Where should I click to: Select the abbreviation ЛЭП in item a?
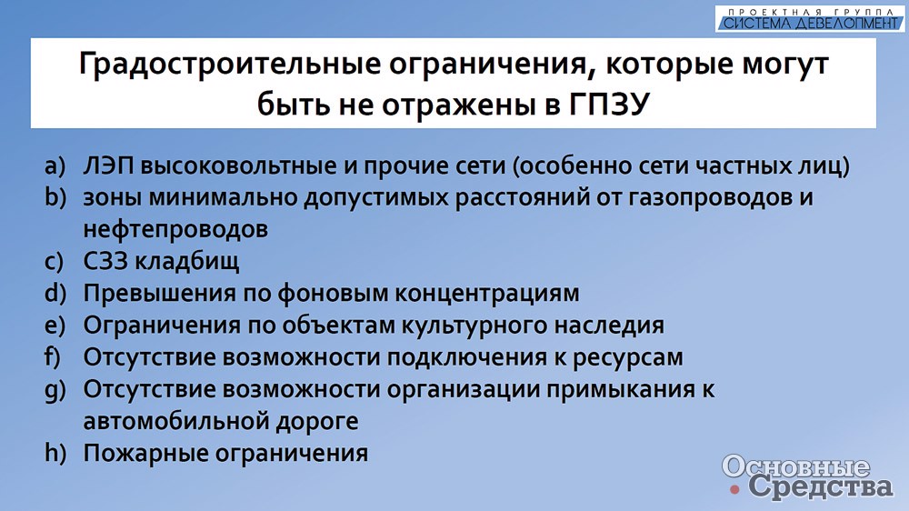[108, 165]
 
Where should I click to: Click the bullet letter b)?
[55, 198]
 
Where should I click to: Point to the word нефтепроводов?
[175, 230]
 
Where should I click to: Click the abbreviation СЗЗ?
[105, 262]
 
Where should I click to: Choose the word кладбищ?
[187, 262]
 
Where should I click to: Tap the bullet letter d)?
[55, 294]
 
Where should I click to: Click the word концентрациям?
[487, 294]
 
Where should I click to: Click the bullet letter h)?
[55, 453]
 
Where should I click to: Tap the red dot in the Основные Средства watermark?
[735, 489]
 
